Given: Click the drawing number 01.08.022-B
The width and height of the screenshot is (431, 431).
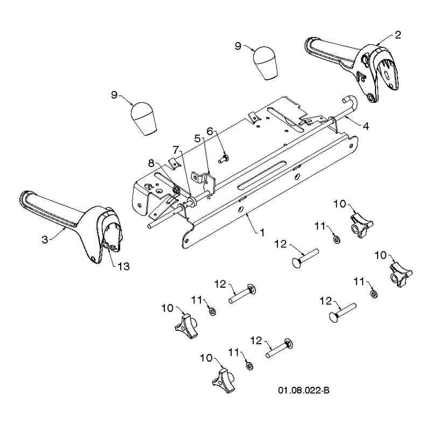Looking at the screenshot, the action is coord(304,390).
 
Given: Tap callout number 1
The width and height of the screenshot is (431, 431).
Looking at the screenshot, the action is coord(262,233).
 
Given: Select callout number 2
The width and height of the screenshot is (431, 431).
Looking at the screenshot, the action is coord(398,35).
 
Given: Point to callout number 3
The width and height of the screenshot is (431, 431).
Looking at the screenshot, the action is coord(45,239).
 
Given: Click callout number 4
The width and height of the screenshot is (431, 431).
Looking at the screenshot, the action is coord(366,126).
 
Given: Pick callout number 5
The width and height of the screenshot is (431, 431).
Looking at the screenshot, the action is coord(198,138).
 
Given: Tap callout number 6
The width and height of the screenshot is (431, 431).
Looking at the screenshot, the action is coord(210,131).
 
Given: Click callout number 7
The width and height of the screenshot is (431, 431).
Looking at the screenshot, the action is coord(176,150).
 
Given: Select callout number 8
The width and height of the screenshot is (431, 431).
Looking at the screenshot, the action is coord(151,163).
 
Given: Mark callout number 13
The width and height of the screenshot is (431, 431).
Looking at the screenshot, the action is coord(123,266).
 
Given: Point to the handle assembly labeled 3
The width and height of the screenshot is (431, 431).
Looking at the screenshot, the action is coord(73,225).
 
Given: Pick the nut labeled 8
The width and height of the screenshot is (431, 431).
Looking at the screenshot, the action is coord(176,190).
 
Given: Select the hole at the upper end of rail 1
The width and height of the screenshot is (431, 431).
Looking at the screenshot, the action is coord(351,145).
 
